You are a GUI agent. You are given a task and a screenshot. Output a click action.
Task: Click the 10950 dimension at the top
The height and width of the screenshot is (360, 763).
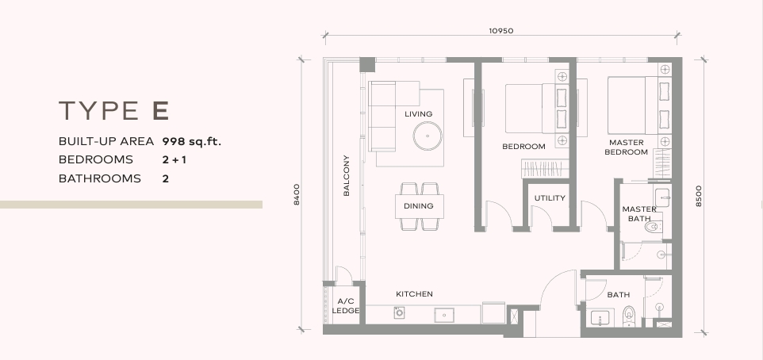click(500, 31)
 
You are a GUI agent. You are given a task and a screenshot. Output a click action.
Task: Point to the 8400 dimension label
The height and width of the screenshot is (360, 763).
click(297, 194)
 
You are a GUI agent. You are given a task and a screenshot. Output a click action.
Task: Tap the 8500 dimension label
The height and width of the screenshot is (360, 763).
click(699, 196)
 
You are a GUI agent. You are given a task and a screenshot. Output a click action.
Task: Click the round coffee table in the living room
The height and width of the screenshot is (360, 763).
click(428, 136)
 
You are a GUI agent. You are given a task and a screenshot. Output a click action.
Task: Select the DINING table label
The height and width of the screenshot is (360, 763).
click(419, 206)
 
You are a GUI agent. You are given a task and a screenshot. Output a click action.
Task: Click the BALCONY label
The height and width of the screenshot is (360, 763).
click(346, 175)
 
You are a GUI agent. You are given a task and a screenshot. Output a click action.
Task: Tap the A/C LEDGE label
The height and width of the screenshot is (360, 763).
click(346, 305)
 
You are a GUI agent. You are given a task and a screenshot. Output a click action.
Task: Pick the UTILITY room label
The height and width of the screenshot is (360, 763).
click(550, 198)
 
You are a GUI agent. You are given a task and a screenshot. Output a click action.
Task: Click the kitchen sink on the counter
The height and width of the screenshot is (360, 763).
click(444, 315)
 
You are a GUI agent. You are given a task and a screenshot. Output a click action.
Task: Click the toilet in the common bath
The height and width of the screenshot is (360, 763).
click(629, 316)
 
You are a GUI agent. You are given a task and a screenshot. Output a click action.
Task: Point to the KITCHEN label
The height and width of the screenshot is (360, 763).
click(414, 294)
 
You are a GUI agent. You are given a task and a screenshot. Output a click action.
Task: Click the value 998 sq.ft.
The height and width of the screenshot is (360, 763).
click(192, 142)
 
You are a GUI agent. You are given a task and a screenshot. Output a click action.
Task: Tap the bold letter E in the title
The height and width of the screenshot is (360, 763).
click(160, 110)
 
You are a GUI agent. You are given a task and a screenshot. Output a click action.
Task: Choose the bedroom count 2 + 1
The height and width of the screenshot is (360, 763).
click(174, 159)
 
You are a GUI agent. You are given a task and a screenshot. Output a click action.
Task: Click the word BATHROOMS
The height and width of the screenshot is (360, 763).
click(100, 178)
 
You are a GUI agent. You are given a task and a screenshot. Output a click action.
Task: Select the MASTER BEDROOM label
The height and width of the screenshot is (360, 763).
click(627, 147)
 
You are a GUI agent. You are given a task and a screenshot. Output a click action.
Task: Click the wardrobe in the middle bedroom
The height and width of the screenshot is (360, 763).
click(545, 168)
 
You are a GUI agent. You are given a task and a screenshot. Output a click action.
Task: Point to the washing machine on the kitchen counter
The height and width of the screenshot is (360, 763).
click(399, 312)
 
